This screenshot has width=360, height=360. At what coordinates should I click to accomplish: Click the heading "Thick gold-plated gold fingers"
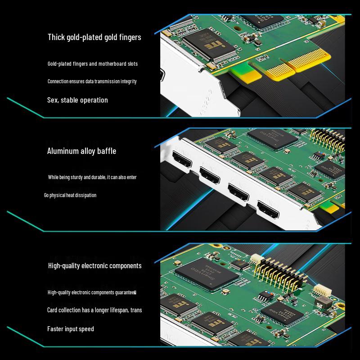[x=94, y=37]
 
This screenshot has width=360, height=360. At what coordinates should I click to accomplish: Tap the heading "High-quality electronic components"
[x=94, y=266]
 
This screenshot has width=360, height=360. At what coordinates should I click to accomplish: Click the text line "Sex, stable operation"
[x=77, y=100]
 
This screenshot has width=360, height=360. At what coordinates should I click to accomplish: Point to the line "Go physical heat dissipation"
[x=70, y=195]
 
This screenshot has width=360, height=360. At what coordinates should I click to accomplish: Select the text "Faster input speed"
[x=71, y=329]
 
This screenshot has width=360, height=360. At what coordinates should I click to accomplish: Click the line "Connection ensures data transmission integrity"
[x=92, y=81]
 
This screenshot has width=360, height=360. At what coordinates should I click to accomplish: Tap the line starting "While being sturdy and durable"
[x=92, y=177]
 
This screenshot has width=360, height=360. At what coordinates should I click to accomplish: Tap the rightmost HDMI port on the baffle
[x=267, y=209]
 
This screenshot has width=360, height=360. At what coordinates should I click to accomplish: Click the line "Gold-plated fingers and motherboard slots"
[x=93, y=64]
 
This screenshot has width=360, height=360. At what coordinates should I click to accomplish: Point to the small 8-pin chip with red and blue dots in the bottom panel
[x=265, y=297]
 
